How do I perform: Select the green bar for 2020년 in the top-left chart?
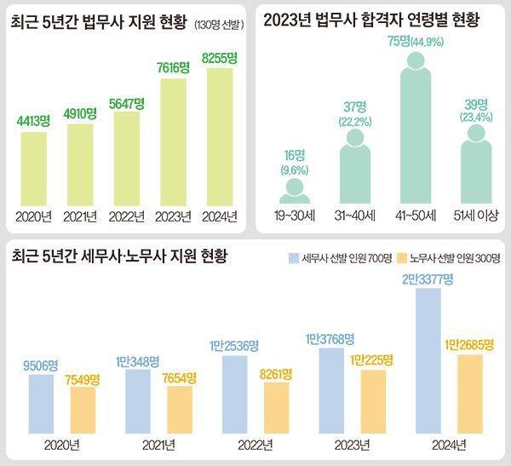pyautogui.click(x=34, y=167)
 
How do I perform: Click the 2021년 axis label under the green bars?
pyautogui.click(x=80, y=216)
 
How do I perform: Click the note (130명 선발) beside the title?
pyautogui.click(x=219, y=25)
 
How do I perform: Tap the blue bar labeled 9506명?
pyautogui.click(x=41, y=403)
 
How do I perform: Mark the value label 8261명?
pyautogui.click(x=280, y=371)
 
